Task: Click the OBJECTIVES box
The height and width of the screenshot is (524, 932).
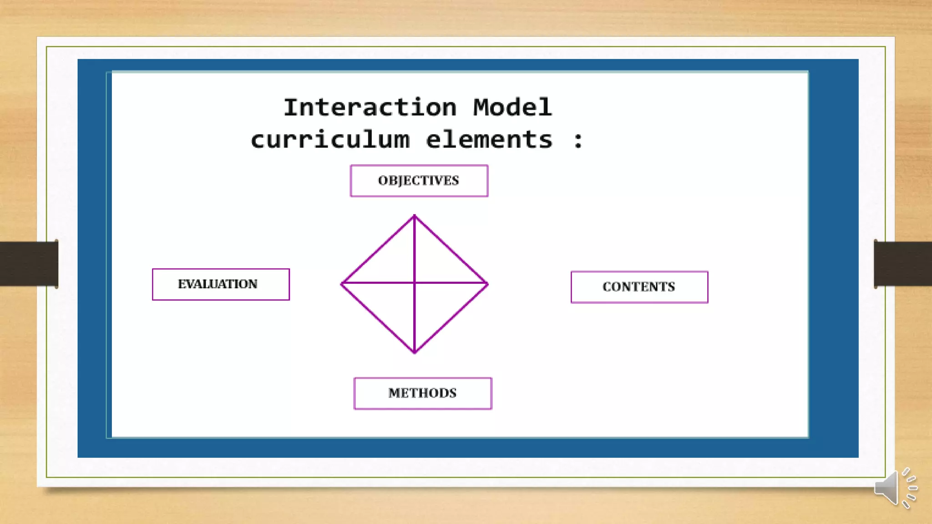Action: pos(419,181)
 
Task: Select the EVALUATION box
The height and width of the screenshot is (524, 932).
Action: pos(221,284)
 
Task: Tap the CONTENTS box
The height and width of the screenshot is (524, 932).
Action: pos(639,287)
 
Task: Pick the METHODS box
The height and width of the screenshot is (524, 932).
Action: pos(422,393)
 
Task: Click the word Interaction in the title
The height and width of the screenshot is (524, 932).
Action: pos(370,108)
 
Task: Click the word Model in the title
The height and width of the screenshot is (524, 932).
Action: pos(512,108)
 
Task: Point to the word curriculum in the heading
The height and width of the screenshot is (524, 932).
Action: pos(330,140)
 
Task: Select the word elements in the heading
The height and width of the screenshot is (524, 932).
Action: pos(489,140)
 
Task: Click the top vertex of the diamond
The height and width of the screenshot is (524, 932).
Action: pos(414,216)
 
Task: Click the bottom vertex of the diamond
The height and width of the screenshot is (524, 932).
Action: pos(414,352)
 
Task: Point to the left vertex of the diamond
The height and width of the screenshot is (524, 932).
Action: pos(342,283)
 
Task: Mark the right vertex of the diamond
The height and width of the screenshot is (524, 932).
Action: pos(487,284)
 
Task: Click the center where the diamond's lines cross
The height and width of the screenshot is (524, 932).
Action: pos(414,283)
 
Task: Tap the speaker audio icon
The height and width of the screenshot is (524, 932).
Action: pos(895,488)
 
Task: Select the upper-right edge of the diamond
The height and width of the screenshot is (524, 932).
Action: pos(451,250)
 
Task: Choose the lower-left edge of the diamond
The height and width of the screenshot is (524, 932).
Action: pos(378,317)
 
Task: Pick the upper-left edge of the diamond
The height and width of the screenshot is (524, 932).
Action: pos(378,250)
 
